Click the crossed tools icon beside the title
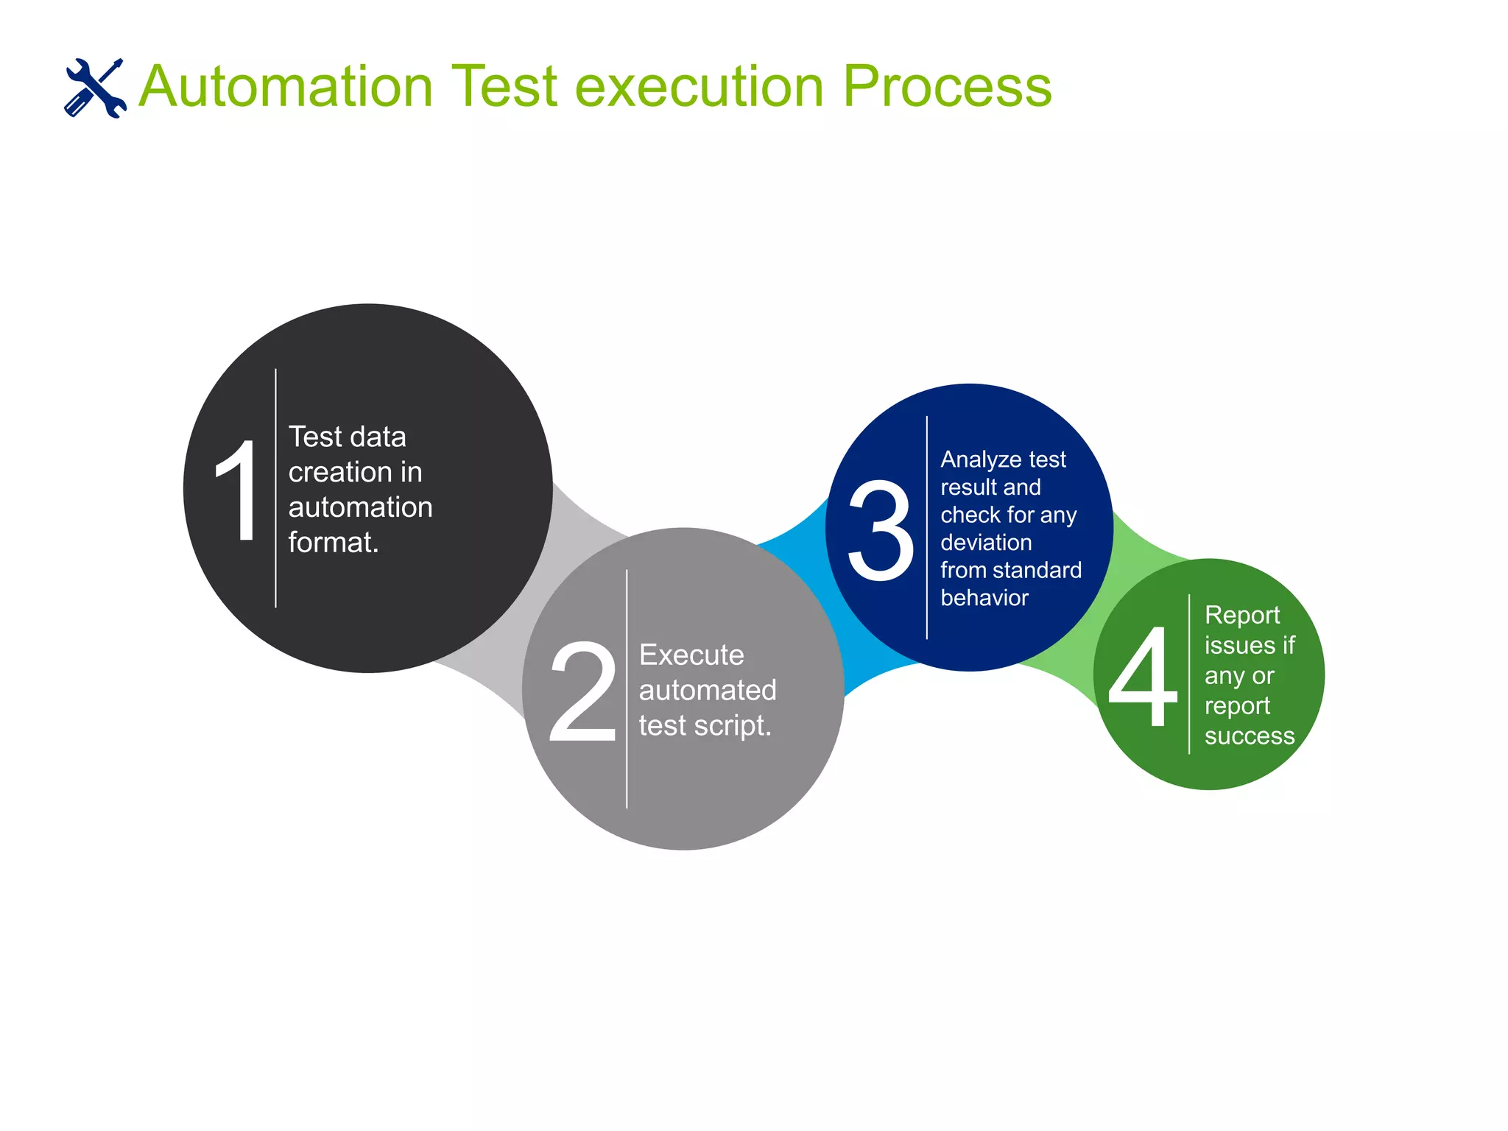(95, 88)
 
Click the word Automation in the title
(286, 87)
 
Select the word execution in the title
(699, 87)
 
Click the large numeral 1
(237, 490)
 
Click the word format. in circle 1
(333, 543)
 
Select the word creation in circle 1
(331, 472)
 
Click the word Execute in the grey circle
(691, 655)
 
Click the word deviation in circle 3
(986, 543)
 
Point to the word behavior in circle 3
(984, 598)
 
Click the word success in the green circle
(1249, 736)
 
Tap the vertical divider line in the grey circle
(627, 766)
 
